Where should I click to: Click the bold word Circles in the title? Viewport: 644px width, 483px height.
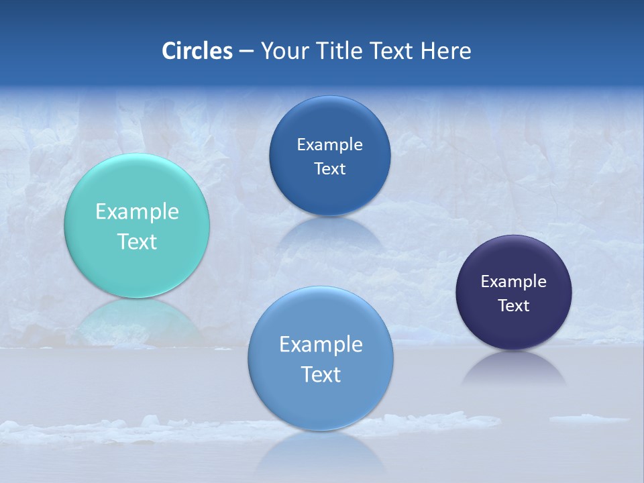coord(197,51)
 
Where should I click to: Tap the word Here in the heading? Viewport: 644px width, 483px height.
coord(445,51)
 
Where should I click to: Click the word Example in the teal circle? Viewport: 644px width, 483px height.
coord(137,212)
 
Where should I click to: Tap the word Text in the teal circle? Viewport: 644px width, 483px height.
coord(137,241)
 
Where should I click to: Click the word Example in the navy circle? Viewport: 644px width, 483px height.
coord(514,282)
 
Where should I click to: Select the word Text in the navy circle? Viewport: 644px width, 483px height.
coord(514,306)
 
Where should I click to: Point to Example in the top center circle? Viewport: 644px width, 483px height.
coord(329,145)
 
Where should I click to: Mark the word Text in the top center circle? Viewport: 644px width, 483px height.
coord(329,169)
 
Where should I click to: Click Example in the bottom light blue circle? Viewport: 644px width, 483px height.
coord(321,345)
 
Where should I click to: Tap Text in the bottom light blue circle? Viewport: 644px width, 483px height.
coord(321,374)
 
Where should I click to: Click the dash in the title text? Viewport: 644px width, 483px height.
coord(246,51)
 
